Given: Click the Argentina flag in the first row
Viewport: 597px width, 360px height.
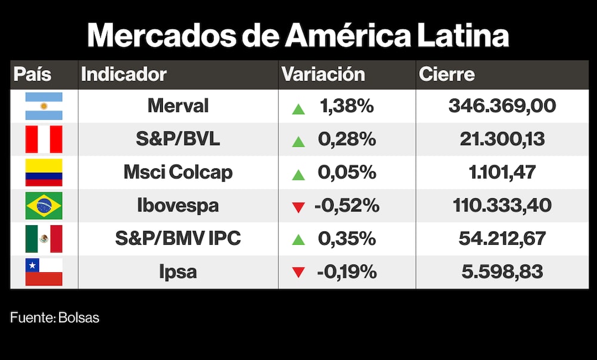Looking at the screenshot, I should point(44,106).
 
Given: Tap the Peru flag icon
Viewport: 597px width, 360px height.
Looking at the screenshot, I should point(44,140).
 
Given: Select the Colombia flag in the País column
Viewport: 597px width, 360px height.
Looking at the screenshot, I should point(44,173).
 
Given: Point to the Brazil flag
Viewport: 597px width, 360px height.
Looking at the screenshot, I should point(44,206).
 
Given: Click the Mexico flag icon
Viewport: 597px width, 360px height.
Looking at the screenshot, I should point(44,239).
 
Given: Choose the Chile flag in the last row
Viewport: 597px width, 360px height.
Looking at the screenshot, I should point(44,272).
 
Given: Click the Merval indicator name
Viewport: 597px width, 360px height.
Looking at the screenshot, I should point(178,106).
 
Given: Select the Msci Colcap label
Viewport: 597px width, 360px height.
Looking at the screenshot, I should point(178,173).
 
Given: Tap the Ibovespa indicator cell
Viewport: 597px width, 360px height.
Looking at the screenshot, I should point(178,206).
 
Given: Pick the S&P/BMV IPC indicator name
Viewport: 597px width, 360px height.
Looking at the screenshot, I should point(178,239).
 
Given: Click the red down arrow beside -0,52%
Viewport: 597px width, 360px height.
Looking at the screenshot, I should point(298,207).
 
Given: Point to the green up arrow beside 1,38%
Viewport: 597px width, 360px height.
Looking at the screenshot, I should point(298,108).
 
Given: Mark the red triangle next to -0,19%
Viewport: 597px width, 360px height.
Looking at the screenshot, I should point(298,273).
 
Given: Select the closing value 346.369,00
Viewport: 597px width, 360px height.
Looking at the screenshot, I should point(502,106).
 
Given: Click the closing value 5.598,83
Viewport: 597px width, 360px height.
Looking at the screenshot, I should point(502,272).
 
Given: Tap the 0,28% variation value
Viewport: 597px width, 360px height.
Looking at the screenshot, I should point(347,140).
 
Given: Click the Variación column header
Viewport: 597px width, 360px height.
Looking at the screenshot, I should point(323,75).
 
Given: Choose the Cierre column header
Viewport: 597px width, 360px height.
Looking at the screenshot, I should point(447,75).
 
